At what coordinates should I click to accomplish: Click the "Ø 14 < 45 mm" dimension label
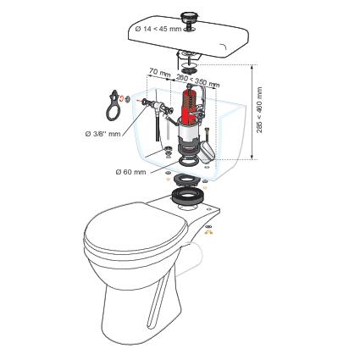click(158, 29)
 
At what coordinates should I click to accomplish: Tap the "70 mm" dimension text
click(160, 73)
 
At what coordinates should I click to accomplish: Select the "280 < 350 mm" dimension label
click(197, 80)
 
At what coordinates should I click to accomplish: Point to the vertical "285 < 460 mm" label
click(260, 110)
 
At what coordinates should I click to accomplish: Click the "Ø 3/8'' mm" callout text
click(102, 134)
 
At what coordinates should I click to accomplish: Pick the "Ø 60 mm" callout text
click(130, 172)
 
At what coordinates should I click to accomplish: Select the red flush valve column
click(189, 108)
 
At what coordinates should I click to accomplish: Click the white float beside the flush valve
click(208, 152)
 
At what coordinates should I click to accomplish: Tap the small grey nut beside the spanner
click(127, 98)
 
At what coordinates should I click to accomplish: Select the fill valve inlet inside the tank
click(155, 105)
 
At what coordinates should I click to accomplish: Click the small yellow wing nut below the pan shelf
click(208, 232)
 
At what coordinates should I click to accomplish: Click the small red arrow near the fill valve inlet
click(139, 100)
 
